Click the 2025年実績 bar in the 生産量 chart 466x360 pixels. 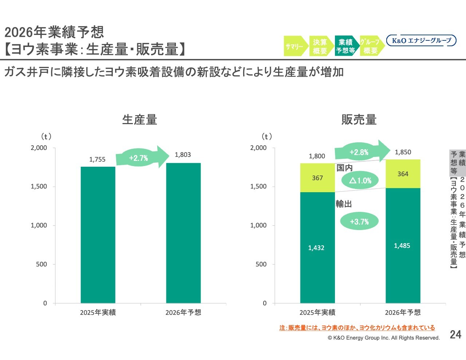(98, 234)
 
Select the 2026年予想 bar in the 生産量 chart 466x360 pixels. (183, 233)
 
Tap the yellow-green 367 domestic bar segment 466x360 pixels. (317, 178)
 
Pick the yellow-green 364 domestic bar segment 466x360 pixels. (403, 174)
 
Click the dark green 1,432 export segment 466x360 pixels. (317, 248)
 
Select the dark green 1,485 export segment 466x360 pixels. (403, 245)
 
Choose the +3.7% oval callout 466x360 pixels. (359, 221)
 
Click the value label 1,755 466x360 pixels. (97, 159)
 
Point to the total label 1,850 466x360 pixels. (403, 152)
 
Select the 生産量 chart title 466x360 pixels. (140, 119)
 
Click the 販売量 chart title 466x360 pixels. (359, 119)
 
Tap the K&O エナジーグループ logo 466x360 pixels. (421, 40)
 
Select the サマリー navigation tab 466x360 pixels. (295, 46)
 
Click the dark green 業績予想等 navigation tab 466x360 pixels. (345, 46)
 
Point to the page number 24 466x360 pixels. (455, 335)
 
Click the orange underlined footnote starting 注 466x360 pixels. (357, 328)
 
